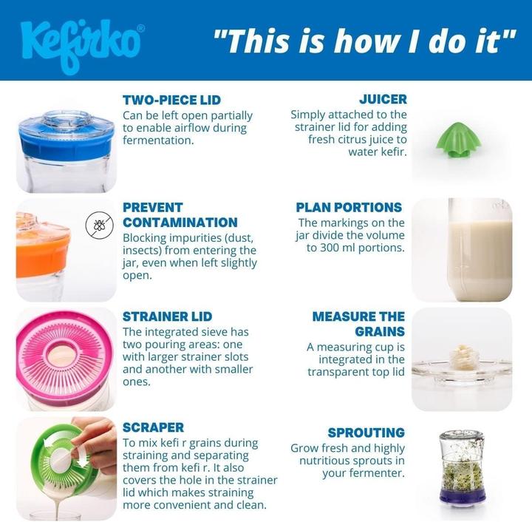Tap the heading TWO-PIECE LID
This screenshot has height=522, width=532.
(x=171, y=100)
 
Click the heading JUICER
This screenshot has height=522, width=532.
(x=383, y=99)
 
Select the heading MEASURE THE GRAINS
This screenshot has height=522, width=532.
(x=358, y=324)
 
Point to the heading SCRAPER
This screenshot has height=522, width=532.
(x=154, y=427)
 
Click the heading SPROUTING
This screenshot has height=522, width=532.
(x=366, y=433)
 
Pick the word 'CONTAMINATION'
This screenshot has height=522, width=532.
(x=180, y=223)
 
